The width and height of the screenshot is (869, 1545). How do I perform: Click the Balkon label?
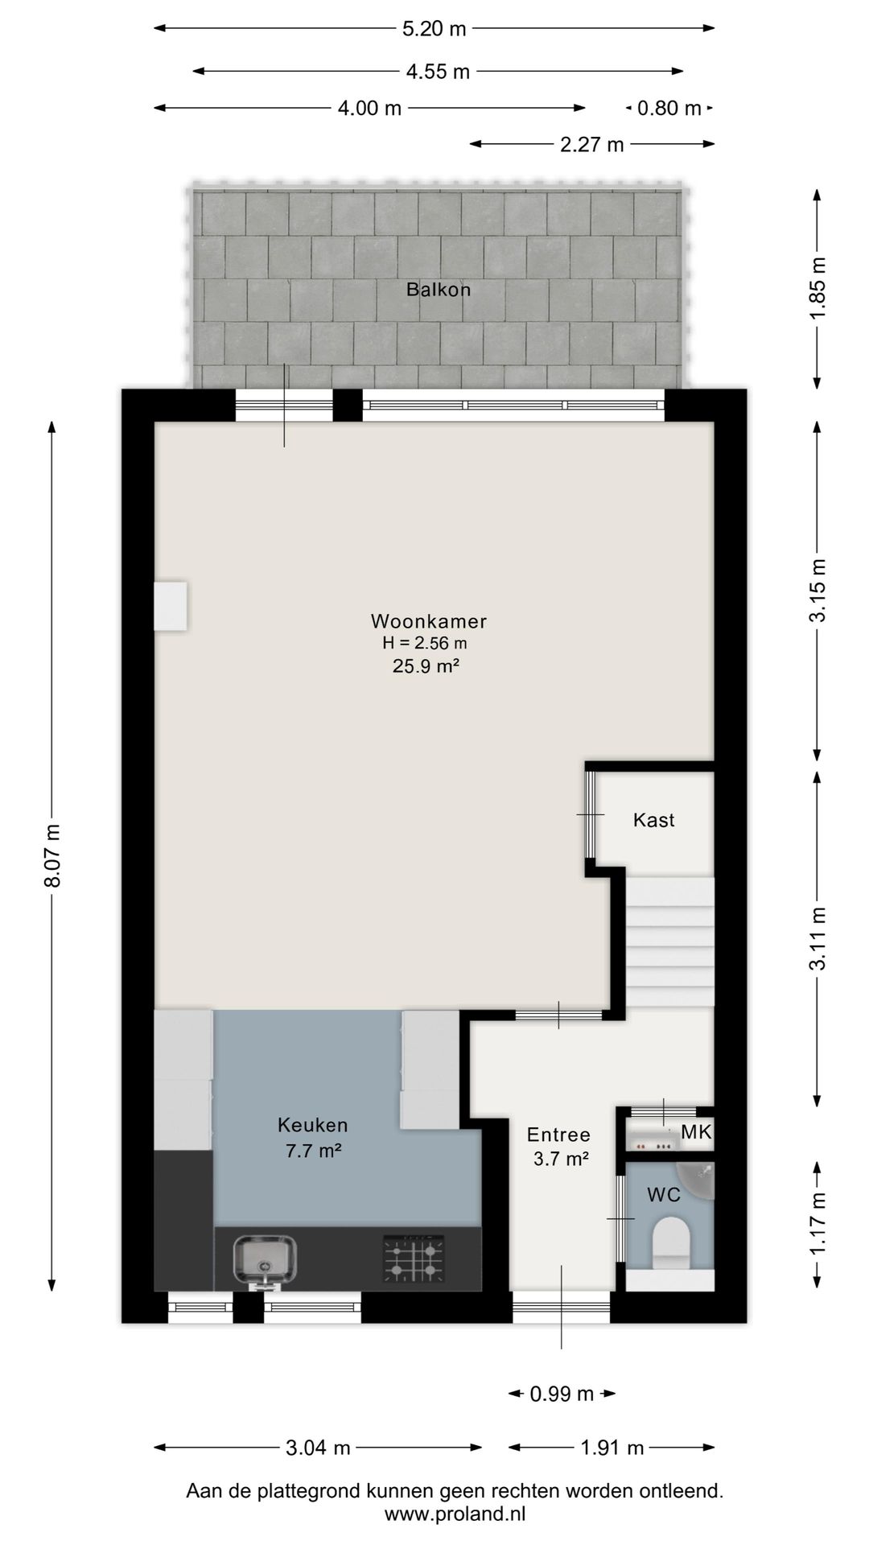coord(438,290)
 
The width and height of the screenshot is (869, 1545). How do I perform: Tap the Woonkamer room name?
coord(428,621)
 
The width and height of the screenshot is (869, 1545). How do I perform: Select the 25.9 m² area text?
coord(426,666)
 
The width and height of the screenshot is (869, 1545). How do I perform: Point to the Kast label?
coord(653,820)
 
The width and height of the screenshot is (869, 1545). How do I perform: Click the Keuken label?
coord(313,1125)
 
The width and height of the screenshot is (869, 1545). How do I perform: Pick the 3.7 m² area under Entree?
coord(561,1160)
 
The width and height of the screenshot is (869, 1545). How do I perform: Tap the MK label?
coord(696,1132)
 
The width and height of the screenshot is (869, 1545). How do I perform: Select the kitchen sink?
coord(266,1261)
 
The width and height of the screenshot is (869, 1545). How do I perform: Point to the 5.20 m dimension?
coord(434,29)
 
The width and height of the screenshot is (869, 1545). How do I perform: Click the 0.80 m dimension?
coord(669,108)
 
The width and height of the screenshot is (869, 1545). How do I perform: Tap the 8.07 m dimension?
coord(52,855)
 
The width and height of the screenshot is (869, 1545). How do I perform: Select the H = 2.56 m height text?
coord(425,643)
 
